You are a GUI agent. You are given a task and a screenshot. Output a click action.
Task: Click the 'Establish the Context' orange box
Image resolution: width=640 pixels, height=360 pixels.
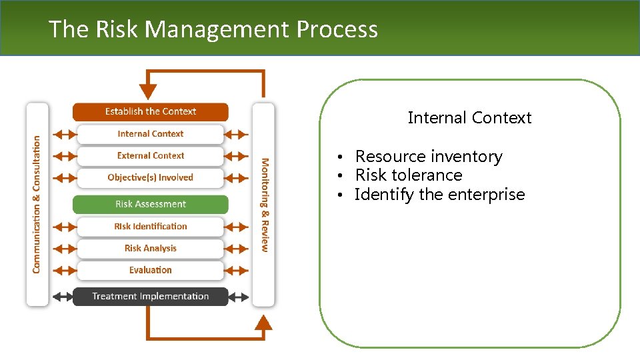150,111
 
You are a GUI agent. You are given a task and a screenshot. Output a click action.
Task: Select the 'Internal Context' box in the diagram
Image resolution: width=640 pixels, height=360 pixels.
150,134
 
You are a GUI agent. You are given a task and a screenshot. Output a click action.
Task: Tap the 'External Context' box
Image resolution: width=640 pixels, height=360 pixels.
150,156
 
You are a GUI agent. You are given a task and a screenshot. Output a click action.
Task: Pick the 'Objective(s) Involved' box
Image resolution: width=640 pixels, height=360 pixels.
150,178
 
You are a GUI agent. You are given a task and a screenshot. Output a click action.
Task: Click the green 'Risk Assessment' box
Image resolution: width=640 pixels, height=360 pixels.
150,204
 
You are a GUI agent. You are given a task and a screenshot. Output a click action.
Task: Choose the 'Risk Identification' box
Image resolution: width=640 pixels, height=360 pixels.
150,227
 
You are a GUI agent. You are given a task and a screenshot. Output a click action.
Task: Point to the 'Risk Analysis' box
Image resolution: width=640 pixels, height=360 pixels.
150,249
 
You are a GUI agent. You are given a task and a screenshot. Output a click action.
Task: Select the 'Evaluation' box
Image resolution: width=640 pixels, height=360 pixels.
150,270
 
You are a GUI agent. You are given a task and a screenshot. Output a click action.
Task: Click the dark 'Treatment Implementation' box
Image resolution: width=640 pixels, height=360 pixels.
150,296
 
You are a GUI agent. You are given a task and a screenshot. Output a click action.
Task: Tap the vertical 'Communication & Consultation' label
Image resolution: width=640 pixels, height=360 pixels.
37,204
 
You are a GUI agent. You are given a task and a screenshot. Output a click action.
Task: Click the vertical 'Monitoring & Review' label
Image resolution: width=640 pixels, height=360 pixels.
265,204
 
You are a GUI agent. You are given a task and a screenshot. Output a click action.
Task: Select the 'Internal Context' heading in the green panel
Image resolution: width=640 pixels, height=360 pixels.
469,118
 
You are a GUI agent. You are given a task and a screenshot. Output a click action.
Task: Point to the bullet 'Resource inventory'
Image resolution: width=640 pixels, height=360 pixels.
429,157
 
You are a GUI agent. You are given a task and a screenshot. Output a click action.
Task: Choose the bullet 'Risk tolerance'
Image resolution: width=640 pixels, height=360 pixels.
409,175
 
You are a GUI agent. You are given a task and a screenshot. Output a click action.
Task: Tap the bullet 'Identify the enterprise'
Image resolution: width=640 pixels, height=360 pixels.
440,195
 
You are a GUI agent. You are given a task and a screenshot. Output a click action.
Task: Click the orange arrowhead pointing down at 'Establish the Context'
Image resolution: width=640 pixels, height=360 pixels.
147,91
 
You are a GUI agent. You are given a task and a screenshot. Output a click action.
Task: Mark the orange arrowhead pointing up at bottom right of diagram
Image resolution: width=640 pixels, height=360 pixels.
264,322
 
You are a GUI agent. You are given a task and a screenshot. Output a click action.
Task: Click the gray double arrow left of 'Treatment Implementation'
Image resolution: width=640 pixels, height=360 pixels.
64,297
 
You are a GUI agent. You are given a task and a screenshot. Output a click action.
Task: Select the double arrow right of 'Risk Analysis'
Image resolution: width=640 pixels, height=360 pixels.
236,249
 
